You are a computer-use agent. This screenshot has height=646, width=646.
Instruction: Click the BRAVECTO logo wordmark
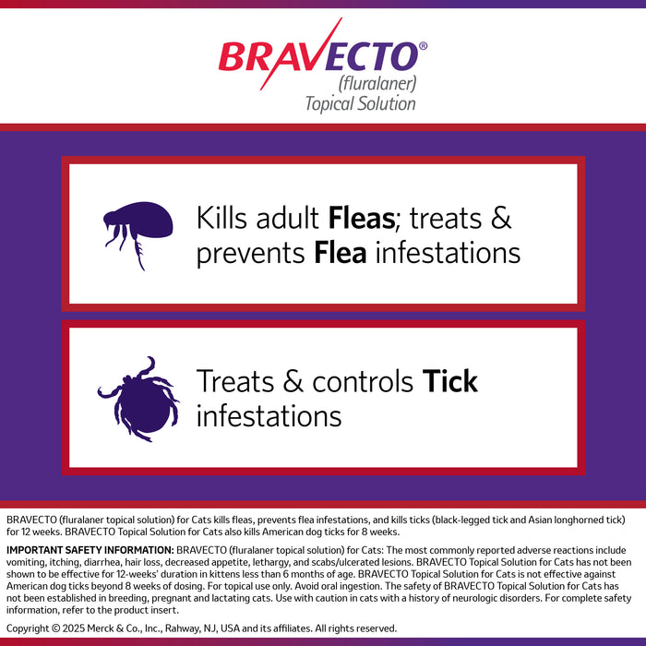(318, 56)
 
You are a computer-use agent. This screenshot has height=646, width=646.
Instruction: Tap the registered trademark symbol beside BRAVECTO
(423, 45)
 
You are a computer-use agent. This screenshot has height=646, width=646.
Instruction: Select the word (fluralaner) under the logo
(377, 83)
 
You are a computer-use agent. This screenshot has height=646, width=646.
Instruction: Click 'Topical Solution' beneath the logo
(360, 102)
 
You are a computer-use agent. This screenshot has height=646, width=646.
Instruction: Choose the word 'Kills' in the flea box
(223, 219)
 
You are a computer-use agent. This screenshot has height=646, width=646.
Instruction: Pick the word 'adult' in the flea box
(290, 219)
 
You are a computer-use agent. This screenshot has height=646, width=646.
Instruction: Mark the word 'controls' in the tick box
(364, 381)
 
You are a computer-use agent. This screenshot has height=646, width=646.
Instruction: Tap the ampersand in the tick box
(291, 381)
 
